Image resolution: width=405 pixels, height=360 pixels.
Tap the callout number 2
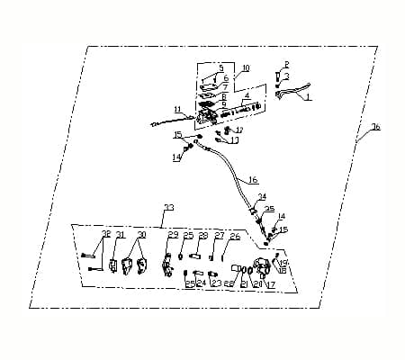pyautogui.click(x=286, y=64)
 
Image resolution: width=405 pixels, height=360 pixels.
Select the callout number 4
pyautogui.click(x=247, y=94)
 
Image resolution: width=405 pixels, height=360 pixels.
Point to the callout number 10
pyautogui.click(x=246, y=68)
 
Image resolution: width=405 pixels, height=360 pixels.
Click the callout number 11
pyautogui.click(x=177, y=110)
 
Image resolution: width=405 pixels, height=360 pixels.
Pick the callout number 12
pyautogui.click(x=239, y=130)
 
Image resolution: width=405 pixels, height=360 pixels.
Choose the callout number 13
pyautogui.click(x=235, y=140)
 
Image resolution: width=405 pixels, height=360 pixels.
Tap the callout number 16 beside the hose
pyautogui.click(x=253, y=180)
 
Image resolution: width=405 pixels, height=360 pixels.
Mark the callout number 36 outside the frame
pyautogui.click(x=375, y=127)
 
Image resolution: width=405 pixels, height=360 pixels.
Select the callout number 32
pyautogui.click(x=105, y=234)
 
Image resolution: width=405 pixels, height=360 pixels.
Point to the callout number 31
pyautogui.click(x=120, y=234)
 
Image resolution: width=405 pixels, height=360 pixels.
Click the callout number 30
pyautogui.click(x=140, y=234)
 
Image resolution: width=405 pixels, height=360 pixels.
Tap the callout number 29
pyautogui.click(x=173, y=235)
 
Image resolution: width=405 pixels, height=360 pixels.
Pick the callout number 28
pyautogui.click(x=203, y=235)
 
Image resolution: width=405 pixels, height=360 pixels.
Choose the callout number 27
pyautogui.click(x=220, y=235)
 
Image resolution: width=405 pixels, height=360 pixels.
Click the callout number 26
pyautogui.click(x=235, y=237)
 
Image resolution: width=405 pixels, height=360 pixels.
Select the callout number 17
pyautogui.click(x=270, y=284)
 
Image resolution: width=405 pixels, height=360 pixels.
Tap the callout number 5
pyautogui.click(x=221, y=67)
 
